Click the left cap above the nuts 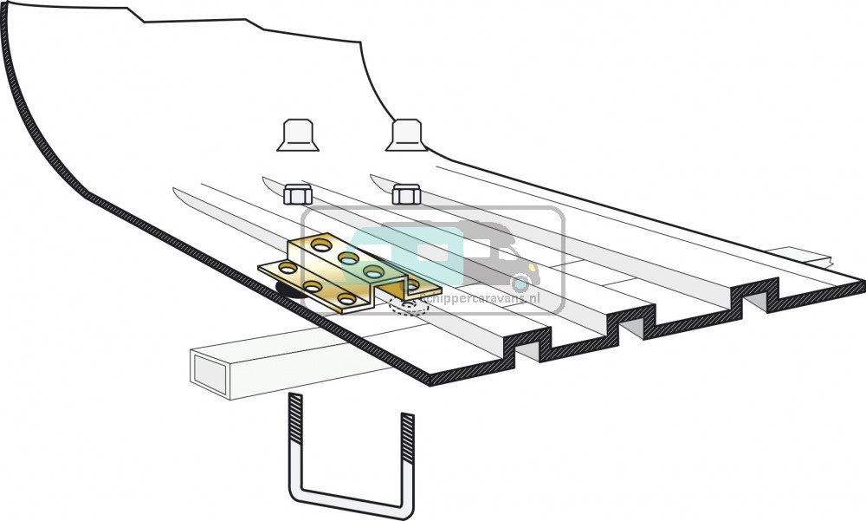point(297,135)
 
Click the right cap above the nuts point(406,135)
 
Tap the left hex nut point(298,193)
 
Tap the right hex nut point(405,193)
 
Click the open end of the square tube point(211,372)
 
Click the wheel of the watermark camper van point(520,283)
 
